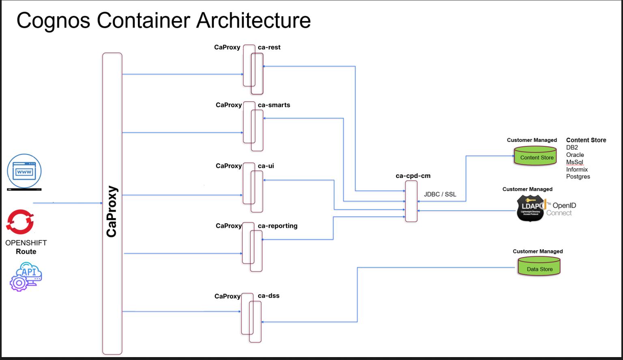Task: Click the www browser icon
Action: [24, 171]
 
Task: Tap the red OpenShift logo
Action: [20, 222]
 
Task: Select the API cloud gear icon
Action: [26, 277]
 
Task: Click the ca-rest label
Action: [269, 47]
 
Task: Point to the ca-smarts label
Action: [274, 105]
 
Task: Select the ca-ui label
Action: [266, 166]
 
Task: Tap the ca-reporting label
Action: [277, 226]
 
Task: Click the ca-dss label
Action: [269, 296]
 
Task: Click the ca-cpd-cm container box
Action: [411, 201]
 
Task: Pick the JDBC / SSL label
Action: [440, 194]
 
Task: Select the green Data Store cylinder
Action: [539, 268]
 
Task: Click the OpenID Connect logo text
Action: [562, 209]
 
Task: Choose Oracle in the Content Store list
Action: [575, 155]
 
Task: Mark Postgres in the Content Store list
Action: [578, 177]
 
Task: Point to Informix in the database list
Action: [577, 169]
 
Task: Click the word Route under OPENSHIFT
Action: [26, 252]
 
